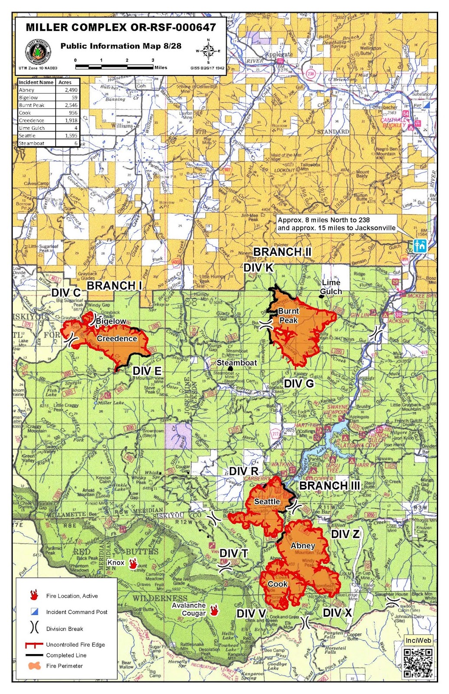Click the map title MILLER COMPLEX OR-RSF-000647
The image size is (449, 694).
tap(121, 27)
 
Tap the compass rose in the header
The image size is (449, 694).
tap(208, 51)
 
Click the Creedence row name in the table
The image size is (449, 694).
tap(32, 121)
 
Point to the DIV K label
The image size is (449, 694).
tap(259, 268)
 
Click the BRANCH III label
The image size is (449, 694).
tap(330, 486)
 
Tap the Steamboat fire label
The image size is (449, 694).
tap(237, 363)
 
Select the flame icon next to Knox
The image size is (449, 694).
tap(133, 564)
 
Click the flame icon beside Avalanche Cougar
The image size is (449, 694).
tap(214, 610)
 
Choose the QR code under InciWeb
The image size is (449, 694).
tap(418, 663)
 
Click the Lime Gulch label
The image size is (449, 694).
tap(331, 287)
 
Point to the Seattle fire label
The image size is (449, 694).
tap(267, 501)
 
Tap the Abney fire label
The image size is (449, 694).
tap(303, 546)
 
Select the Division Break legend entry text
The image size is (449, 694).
tap(65, 629)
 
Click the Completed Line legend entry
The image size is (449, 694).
tap(66, 655)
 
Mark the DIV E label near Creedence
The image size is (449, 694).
tap(147, 371)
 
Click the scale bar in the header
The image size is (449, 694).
tap(115, 67)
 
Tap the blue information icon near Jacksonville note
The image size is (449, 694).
tap(420, 246)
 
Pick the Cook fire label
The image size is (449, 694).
tap(278, 584)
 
